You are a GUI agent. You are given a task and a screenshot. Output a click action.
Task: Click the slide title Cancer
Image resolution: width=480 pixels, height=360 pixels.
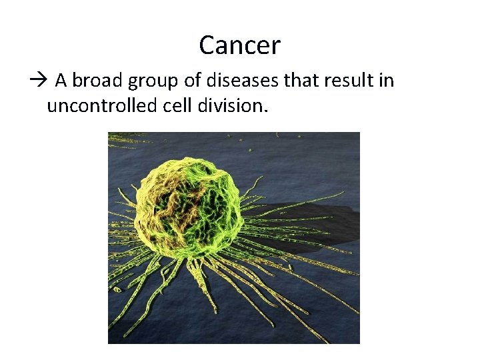pos(239,46)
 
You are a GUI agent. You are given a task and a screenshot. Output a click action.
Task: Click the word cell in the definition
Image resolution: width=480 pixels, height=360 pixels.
pos(176,105)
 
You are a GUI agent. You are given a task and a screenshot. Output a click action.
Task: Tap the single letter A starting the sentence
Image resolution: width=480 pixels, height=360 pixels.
pos(61,81)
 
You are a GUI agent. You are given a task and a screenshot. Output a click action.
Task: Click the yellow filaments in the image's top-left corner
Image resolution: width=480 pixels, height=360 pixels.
pos(127,140)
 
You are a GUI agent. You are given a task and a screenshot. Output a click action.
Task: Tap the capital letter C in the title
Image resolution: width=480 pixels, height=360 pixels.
pos(207,46)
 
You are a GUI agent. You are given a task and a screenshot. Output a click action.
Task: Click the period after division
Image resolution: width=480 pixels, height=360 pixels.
pos(266,110)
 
